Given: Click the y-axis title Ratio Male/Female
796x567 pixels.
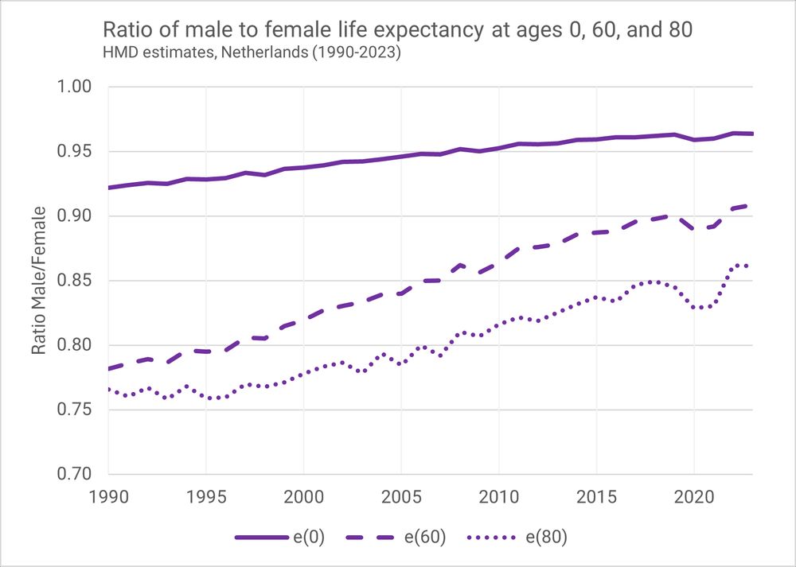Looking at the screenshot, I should (38, 281).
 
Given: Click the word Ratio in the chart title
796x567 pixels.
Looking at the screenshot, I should (123, 32).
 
